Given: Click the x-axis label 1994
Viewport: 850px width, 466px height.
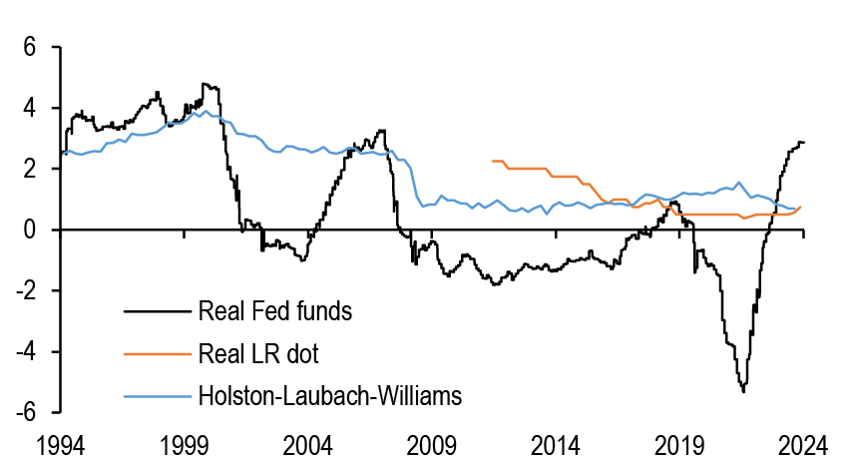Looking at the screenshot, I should tap(60, 444).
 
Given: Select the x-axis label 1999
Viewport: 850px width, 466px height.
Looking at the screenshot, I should tap(185, 444).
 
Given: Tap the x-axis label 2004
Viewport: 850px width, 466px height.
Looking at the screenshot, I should tap(308, 444).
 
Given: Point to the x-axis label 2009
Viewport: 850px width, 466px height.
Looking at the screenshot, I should tap(432, 444).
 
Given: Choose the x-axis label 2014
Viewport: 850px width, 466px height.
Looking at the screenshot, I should tap(557, 444).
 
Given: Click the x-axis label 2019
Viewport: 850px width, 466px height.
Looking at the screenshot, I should tap(680, 444).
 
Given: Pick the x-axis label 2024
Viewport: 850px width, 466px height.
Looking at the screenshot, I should tap(804, 444).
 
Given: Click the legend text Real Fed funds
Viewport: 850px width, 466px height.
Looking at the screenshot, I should tap(275, 311).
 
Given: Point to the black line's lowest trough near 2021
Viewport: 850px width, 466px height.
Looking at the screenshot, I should tap(743, 391).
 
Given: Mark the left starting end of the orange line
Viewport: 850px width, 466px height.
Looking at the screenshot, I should tap(493, 161).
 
